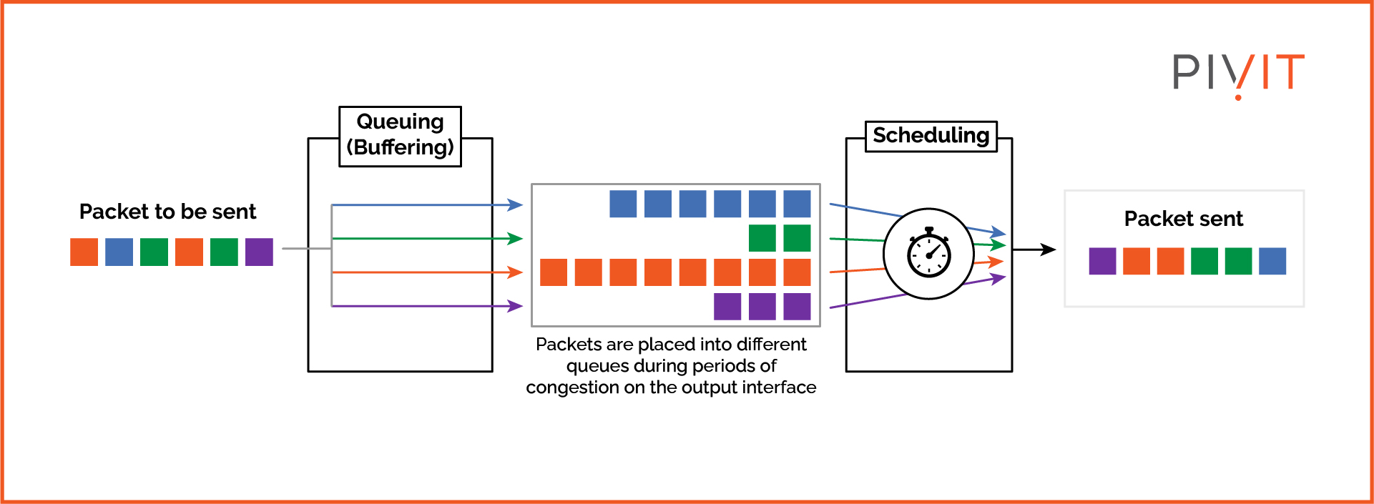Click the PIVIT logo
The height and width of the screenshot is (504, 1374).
point(1237,73)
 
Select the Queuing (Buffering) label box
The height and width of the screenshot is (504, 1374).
point(400,136)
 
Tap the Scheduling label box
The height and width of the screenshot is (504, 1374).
point(931,136)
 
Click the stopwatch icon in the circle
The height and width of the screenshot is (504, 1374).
point(928,253)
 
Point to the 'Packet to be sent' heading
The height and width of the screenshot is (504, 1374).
point(167,212)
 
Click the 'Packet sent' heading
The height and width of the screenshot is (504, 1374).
point(1183,219)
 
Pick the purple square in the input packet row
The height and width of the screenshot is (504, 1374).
point(259,252)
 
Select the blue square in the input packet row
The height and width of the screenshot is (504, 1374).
point(119,252)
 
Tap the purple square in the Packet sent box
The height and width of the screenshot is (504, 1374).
point(1101,261)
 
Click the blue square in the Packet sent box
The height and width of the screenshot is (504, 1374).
point(1272,261)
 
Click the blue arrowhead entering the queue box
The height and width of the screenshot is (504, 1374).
point(516,205)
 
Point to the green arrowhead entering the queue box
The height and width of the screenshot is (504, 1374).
point(516,238)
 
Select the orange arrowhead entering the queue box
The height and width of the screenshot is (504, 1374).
point(516,272)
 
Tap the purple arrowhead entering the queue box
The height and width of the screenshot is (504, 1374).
point(516,306)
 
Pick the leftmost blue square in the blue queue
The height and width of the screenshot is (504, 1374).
point(623,204)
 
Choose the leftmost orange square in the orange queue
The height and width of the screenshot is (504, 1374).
point(553,272)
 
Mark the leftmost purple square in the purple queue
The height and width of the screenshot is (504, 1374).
point(727,306)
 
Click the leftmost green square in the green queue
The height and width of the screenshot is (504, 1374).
point(762,238)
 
